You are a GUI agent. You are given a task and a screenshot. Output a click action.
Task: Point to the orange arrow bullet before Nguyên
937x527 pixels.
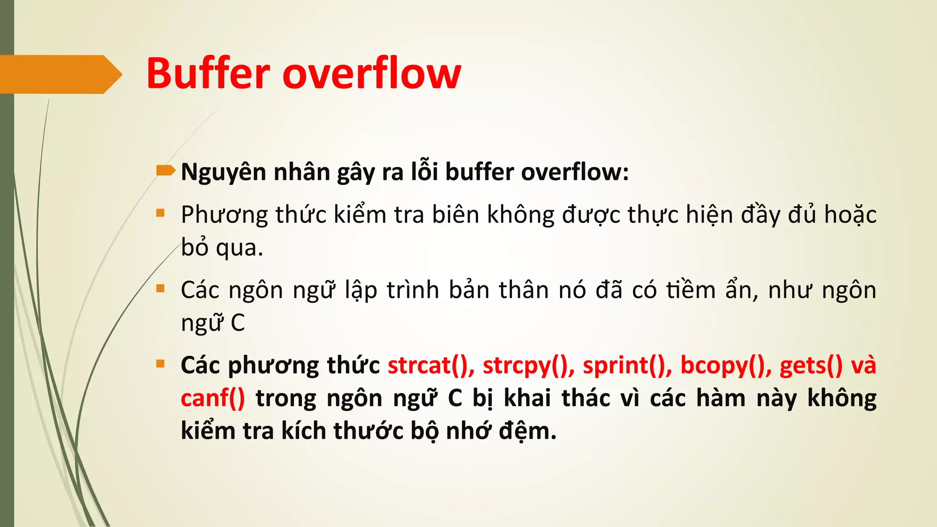[165, 171]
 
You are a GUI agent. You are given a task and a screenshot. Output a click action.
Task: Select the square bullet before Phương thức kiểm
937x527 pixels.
[160, 213]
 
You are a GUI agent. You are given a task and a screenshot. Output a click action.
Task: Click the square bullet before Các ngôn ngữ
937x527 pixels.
[160, 288]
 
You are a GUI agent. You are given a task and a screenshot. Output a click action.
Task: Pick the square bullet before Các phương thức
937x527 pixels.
[160, 364]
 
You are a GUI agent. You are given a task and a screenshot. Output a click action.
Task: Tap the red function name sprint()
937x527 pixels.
[627, 366]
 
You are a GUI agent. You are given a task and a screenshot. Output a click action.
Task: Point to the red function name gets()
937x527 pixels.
[810, 366]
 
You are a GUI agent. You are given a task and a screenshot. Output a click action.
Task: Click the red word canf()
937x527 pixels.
[213, 398]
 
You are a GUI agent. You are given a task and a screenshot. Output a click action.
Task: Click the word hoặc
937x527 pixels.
[850, 215]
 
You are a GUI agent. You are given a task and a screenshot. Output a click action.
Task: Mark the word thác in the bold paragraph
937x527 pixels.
[586, 398]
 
